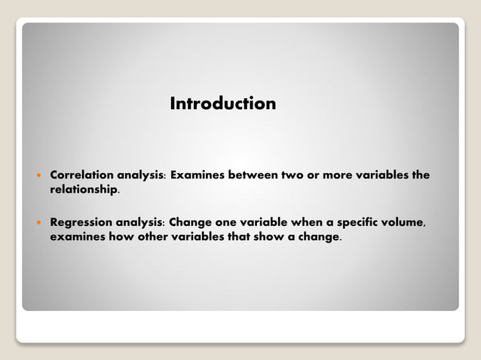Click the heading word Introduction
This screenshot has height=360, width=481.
pyautogui.click(x=223, y=103)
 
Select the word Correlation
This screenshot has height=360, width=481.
pyautogui.click(x=81, y=175)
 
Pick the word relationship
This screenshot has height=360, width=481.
pyautogui.click(x=83, y=190)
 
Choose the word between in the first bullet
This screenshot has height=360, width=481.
pyautogui.click(x=252, y=175)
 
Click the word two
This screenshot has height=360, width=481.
pyautogui.click(x=292, y=175)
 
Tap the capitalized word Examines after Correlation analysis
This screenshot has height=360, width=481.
pyautogui.click(x=198, y=175)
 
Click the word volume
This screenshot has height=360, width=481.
pyautogui.click(x=408, y=222)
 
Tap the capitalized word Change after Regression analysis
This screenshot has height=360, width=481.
pyautogui.click(x=191, y=222)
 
